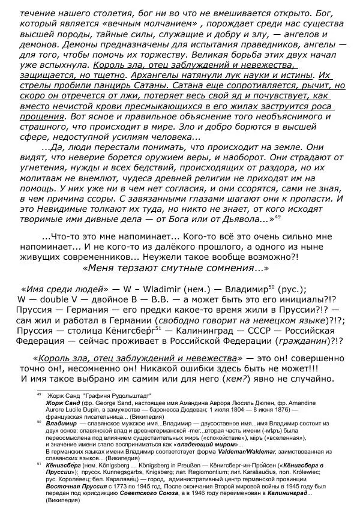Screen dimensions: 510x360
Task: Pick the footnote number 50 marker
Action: point(38,421)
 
